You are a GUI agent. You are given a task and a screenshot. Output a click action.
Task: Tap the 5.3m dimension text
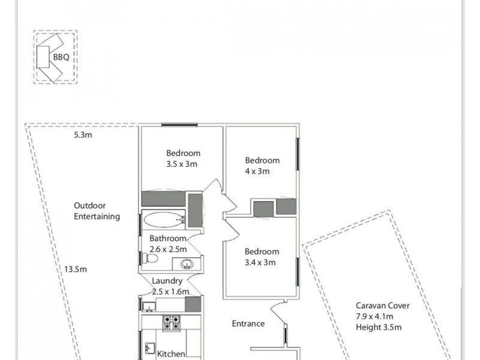[82, 135]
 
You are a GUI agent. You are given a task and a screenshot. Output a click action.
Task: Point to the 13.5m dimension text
[76, 269]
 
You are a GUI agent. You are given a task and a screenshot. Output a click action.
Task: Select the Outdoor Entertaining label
[97, 211]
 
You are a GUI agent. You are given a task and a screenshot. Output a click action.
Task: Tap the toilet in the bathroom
[151, 259]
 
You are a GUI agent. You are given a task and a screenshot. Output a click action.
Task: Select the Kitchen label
[171, 354]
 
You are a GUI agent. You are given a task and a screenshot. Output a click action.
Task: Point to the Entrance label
[248, 324]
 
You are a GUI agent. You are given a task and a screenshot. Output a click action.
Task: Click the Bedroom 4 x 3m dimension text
[257, 171]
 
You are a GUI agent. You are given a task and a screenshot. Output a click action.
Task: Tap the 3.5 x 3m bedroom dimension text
[182, 164]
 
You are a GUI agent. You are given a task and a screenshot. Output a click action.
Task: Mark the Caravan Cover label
[383, 305]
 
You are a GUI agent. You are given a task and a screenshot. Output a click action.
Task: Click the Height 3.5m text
[379, 327]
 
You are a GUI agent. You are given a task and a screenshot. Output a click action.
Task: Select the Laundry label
[167, 281]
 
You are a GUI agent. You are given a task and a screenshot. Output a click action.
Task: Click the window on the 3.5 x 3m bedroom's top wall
[179, 125]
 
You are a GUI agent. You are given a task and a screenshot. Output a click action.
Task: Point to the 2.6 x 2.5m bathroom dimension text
[168, 249]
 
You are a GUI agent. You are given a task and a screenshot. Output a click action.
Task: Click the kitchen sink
[150, 349]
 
